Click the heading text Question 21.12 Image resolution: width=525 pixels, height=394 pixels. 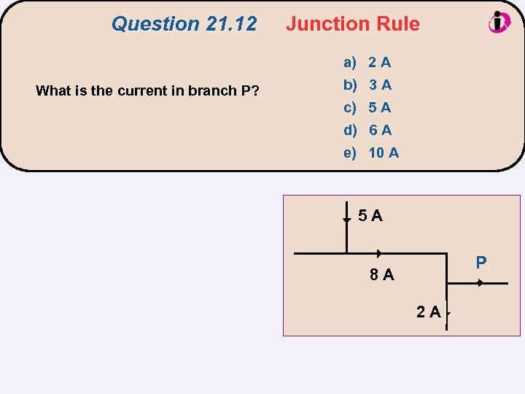coord(184,24)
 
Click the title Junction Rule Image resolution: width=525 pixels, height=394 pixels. coord(353,24)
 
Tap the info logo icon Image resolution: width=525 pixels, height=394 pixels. coord(499,22)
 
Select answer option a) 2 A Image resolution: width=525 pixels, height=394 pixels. coord(368,63)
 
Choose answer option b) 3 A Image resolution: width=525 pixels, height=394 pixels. coord(368,85)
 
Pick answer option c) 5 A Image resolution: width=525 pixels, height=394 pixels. coord(368,108)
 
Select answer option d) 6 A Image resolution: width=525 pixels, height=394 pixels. coord(368,131)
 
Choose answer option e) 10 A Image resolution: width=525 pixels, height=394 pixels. coord(372,153)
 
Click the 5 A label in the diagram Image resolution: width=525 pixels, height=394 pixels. coord(370,216)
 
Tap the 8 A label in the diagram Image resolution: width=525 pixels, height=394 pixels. coord(381,275)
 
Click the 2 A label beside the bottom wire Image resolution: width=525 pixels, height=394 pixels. coord(428,313)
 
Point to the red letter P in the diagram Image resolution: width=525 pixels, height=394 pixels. coord(481,262)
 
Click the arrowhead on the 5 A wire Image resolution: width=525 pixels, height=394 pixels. coord(346,218)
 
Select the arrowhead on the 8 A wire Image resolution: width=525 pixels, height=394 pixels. coord(379,254)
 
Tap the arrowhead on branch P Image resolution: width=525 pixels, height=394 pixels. coord(480,283)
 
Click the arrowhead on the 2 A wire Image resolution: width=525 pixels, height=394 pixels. coord(448,314)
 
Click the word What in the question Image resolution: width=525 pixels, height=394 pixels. coord(52,91)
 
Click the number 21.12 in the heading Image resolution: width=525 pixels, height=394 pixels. coord(231,24)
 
